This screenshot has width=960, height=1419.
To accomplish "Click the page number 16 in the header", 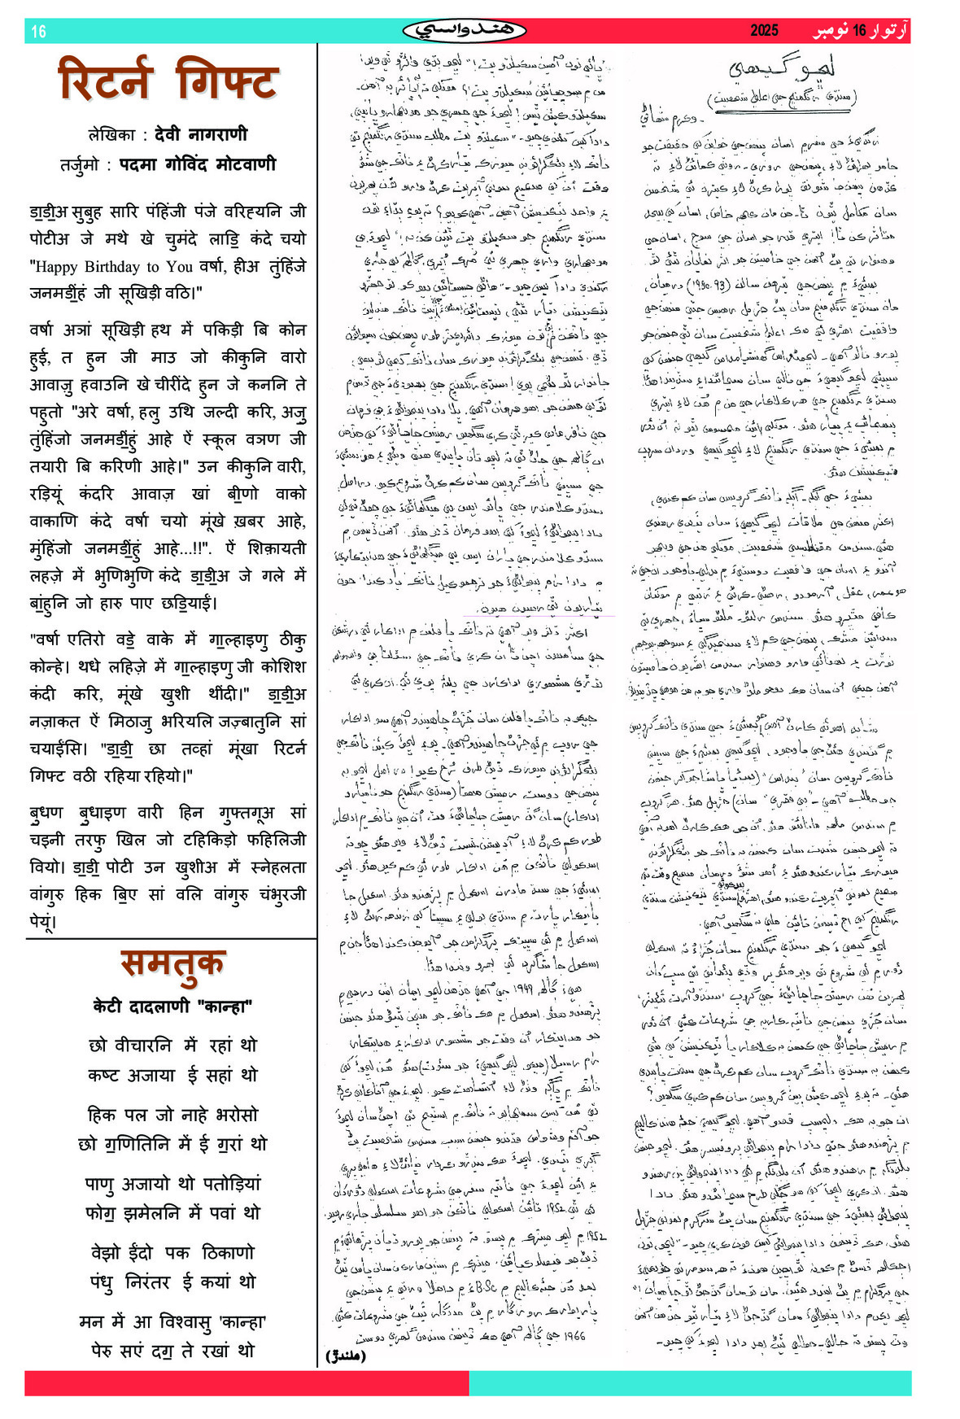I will point(38,32).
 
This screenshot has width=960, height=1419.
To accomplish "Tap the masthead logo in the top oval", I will point(464,31).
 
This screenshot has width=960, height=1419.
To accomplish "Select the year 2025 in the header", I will point(764,31).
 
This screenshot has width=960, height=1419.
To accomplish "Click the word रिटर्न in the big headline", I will point(106,81).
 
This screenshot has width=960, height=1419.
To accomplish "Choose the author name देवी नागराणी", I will point(201,134).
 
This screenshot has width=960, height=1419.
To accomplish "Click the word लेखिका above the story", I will point(111,135).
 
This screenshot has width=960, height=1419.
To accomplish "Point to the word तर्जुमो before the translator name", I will point(81,165).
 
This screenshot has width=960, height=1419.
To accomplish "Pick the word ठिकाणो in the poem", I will point(228,1253).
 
